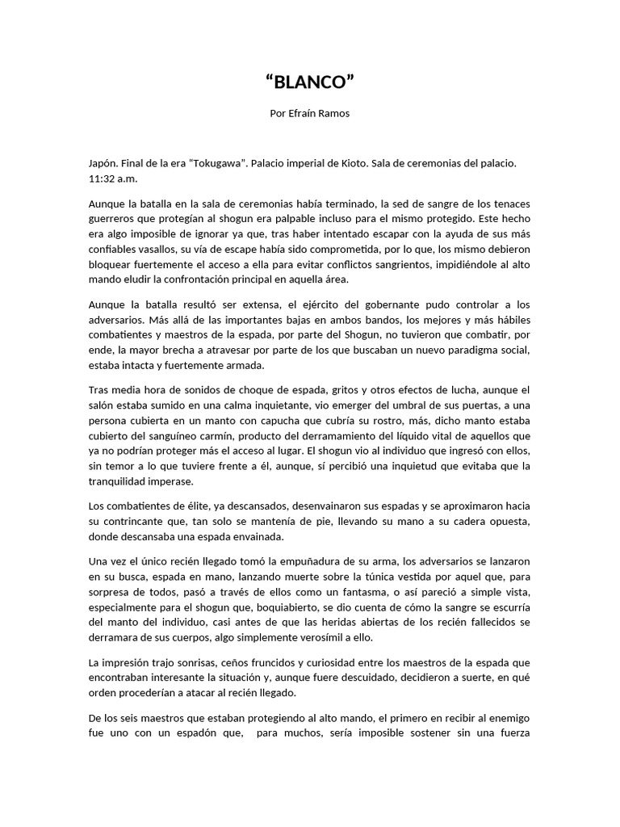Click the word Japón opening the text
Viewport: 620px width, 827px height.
(x=103, y=163)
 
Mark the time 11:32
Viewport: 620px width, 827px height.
(x=103, y=178)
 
